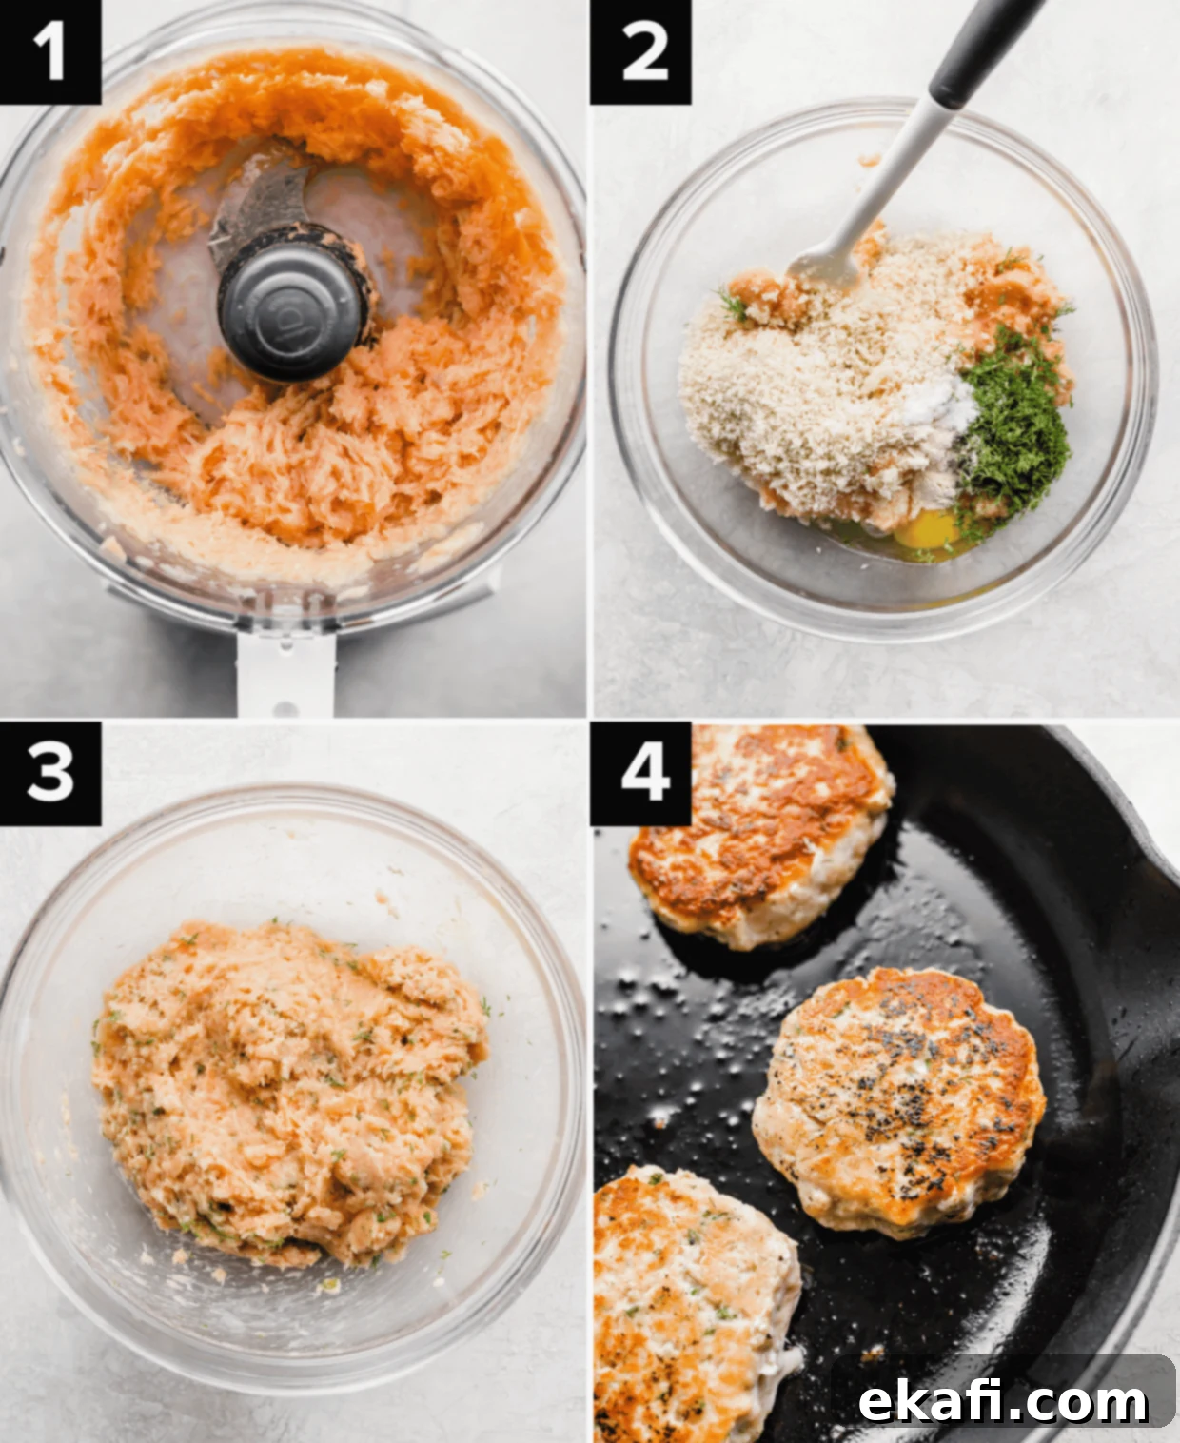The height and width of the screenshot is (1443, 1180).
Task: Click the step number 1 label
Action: [49, 51]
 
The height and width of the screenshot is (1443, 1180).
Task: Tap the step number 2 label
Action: [641, 51]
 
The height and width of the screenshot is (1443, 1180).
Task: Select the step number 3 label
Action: [49, 773]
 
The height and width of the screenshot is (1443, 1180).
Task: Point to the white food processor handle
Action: [285, 674]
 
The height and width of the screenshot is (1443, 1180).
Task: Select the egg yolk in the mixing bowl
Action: [928, 529]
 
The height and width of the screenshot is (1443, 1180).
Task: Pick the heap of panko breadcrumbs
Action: [814, 384]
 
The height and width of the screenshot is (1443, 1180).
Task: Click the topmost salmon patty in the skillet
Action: [759, 835]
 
